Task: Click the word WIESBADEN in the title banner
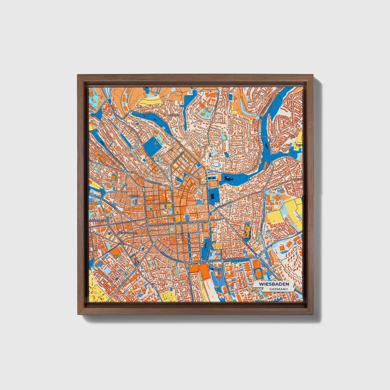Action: pyautogui.click(x=274, y=284)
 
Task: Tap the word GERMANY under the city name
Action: pyautogui.click(x=279, y=289)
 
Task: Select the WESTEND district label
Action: pyautogui.click(x=135, y=196)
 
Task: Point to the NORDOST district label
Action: pyautogui.click(x=174, y=115)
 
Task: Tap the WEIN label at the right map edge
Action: pyautogui.click(x=299, y=145)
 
